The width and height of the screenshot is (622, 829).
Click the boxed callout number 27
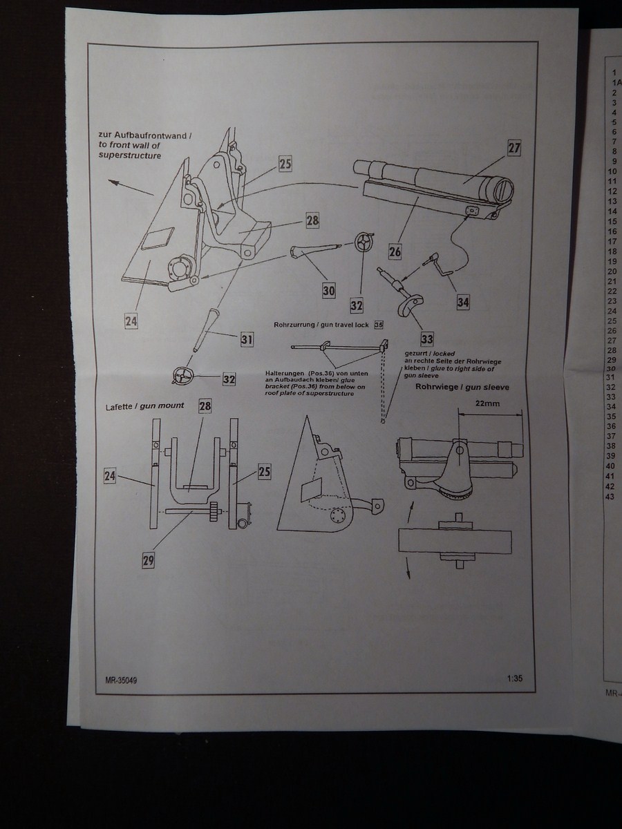pos(513,149)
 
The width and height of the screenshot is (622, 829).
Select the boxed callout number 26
pos(395,251)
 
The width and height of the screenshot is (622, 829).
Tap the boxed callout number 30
pos(329,291)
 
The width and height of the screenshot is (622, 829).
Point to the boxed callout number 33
pos(427,339)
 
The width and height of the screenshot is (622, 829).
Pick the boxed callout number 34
pos(463,301)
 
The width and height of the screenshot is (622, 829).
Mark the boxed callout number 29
pos(148,561)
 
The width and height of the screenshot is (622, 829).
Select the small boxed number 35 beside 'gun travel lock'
pos(378,325)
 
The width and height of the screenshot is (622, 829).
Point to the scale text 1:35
pos(513,678)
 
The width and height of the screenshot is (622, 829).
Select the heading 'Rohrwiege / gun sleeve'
pos(462,388)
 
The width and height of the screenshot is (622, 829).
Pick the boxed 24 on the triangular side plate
pos(131,321)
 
